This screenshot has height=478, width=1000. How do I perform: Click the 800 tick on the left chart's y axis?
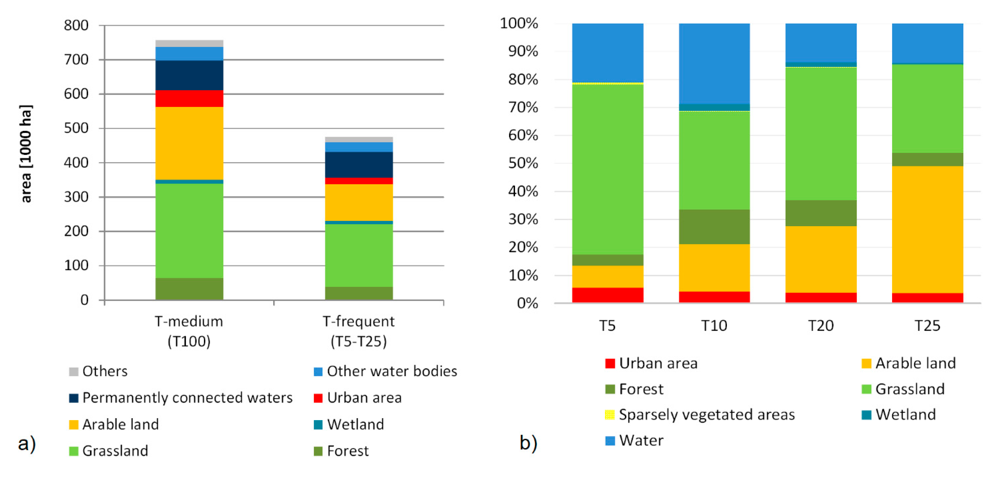pyautogui.click(x=76, y=26)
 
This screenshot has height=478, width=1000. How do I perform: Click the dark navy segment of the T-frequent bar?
pyautogui.click(x=359, y=165)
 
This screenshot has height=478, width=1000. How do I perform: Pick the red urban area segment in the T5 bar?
pyautogui.click(x=608, y=295)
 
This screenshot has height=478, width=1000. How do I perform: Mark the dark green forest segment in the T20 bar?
pyautogui.click(x=821, y=213)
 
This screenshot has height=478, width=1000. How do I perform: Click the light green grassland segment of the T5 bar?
pyautogui.click(x=608, y=169)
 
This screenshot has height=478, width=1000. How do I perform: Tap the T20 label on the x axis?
pyautogui.click(x=821, y=325)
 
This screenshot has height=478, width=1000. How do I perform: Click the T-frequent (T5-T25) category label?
pyautogui.click(x=359, y=331)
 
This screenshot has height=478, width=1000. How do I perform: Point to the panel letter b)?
pyautogui.click(x=528, y=442)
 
